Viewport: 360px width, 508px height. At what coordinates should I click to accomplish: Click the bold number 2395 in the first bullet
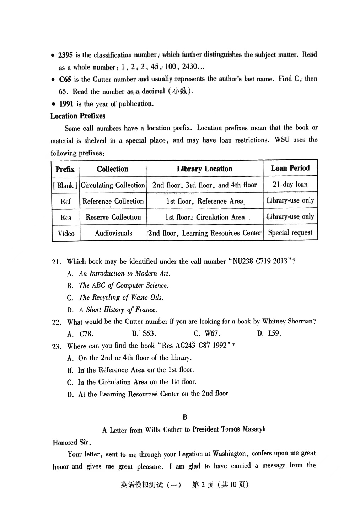pyautogui.click(x=65, y=55)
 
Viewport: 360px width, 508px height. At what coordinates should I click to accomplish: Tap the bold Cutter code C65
pyautogui.click(x=65, y=79)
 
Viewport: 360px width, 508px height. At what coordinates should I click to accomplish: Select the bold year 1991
pyautogui.click(x=66, y=104)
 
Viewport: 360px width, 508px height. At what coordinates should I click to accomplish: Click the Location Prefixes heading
pyautogui.click(x=78, y=116)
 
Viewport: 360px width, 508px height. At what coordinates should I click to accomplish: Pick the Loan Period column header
pyautogui.click(x=290, y=168)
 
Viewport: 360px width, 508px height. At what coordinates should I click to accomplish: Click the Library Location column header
pyautogui.click(x=204, y=169)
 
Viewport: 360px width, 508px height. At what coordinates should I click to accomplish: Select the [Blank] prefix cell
pyautogui.click(x=65, y=185)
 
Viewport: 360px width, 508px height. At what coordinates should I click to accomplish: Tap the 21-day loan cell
pyautogui.click(x=290, y=185)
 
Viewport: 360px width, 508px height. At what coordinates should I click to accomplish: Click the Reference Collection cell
pyautogui.click(x=113, y=201)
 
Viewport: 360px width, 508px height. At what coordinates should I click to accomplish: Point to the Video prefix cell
pyautogui.click(x=66, y=234)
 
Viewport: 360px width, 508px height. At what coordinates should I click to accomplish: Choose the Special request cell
pyautogui.click(x=290, y=233)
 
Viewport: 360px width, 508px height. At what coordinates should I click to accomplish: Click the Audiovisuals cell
pyautogui.click(x=113, y=233)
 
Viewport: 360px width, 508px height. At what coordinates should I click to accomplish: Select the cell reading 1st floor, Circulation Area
pyautogui.click(x=205, y=217)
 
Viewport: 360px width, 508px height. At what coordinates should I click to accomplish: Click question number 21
pyautogui.click(x=57, y=262)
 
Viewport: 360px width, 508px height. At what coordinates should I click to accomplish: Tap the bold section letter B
pyautogui.click(x=184, y=417)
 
